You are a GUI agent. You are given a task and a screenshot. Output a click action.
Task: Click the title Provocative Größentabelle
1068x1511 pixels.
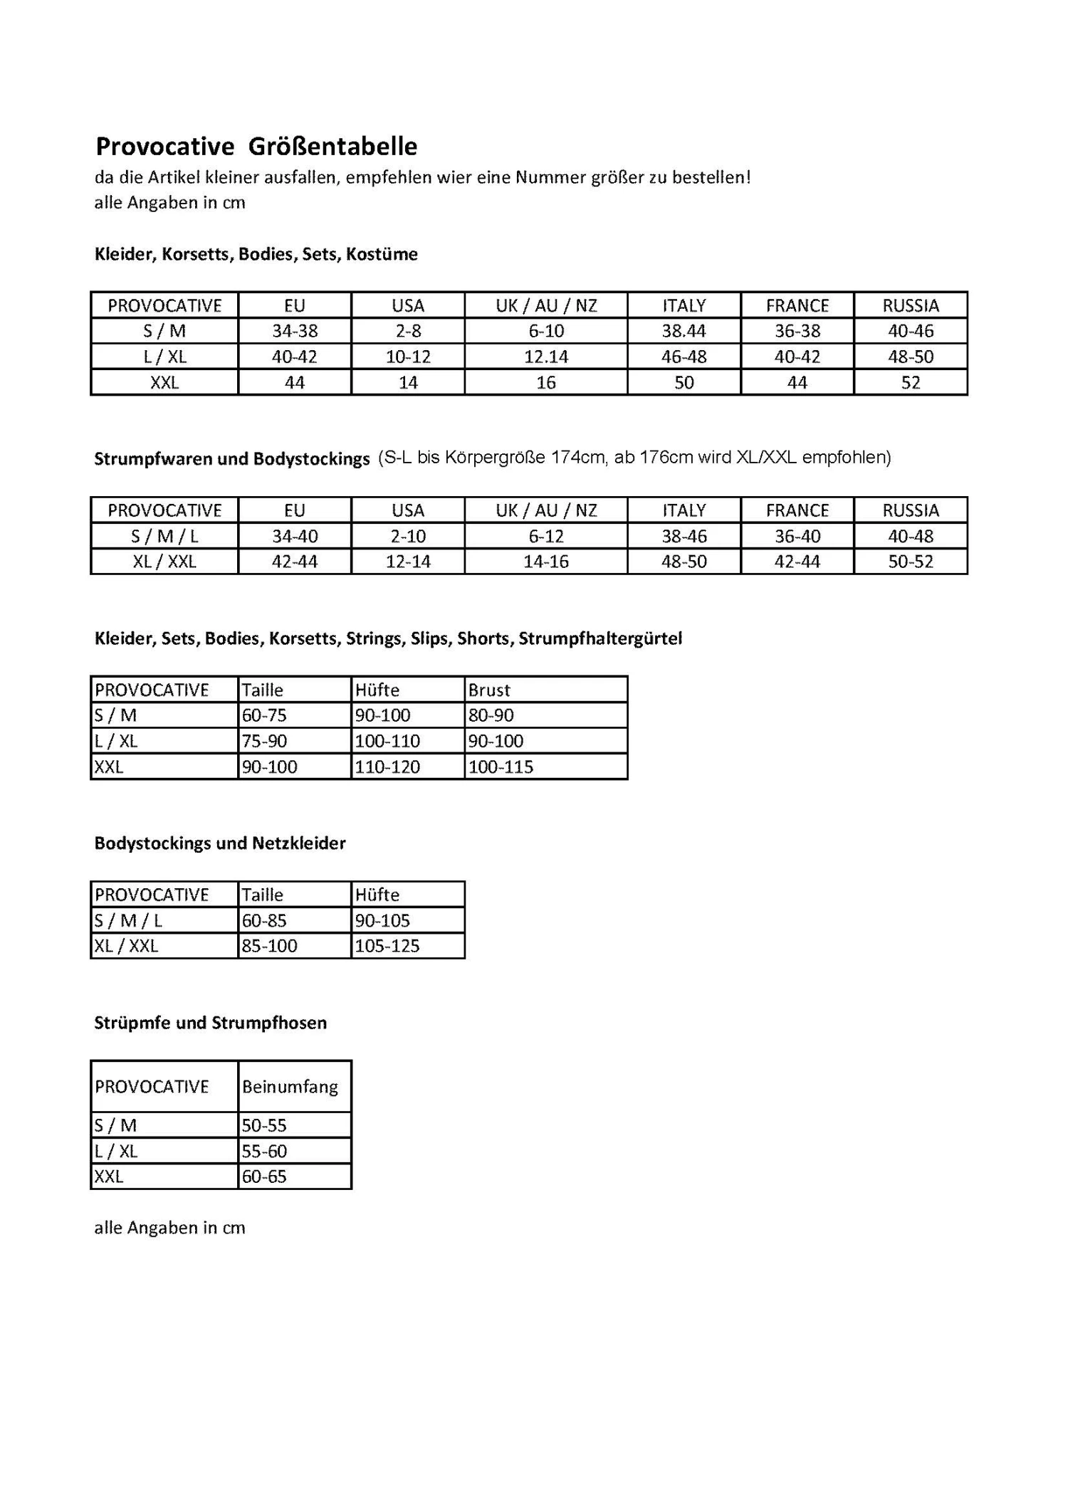pyautogui.click(x=256, y=147)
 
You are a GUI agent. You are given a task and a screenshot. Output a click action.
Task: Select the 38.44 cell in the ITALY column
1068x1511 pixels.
pyautogui.click(x=684, y=331)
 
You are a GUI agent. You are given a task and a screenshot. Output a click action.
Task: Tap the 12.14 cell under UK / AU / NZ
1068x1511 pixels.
pyautogui.click(x=545, y=357)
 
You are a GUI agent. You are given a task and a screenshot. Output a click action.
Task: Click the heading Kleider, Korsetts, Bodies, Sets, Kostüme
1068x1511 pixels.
pyautogui.click(x=256, y=254)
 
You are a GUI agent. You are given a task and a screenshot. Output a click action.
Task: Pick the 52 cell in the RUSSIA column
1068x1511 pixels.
pyautogui.click(x=910, y=383)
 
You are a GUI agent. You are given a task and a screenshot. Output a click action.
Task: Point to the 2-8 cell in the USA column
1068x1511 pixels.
pyautogui.click(x=407, y=331)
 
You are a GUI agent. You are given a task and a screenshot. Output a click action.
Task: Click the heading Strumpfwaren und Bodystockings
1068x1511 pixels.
pyautogui.click(x=231, y=458)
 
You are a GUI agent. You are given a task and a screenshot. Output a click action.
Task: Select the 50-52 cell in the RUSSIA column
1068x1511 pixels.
pyautogui.click(x=910, y=562)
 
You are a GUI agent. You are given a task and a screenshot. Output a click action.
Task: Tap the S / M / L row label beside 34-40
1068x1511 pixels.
pyautogui.click(x=164, y=536)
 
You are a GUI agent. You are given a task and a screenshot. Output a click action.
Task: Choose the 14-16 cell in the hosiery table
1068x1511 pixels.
pyautogui.click(x=545, y=562)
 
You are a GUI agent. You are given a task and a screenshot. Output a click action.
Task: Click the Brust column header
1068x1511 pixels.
pyautogui.click(x=489, y=690)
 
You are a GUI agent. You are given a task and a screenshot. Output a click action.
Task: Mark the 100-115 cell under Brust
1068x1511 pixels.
pyautogui.click(x=501, y=767)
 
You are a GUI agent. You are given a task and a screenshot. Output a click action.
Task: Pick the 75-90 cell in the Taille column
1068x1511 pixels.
pyautogui.click(x=264, y=741)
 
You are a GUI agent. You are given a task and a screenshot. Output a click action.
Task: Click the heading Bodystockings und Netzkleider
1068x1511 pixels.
pyautogui.click(x=219, y=843)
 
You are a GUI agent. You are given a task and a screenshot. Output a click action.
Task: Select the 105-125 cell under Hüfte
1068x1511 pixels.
pyautogui.click(x=387, y=946)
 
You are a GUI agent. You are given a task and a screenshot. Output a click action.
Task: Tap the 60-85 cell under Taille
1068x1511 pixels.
pyautogui.click(x=264, y=920)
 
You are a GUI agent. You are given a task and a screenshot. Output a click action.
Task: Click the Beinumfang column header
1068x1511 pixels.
pyautogui.click(x=290, y=1087)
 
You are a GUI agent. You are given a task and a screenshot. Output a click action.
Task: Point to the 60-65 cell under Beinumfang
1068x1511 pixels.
pyautogui.click(x=264, y=1176)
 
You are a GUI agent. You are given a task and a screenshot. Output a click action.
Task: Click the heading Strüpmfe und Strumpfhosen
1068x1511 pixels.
pyautogui.click(x=210, y=1023)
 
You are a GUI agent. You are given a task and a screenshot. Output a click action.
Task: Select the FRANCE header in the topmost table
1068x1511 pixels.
pyautogui.click(x=797, y=305)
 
